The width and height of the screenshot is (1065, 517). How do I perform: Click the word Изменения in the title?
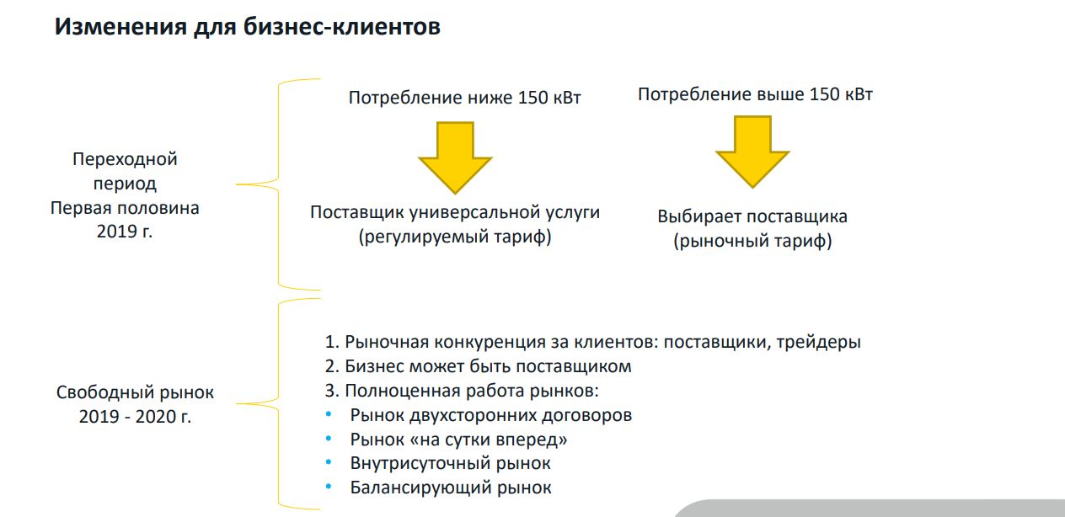tap(120, 26)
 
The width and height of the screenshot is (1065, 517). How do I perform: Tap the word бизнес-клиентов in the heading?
tap(342, 26)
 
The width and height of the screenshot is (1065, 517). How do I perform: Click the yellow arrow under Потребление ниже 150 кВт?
tap(455, 157)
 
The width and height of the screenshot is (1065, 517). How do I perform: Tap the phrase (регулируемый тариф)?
tap(455, 237)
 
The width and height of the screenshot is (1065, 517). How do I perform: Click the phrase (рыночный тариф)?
tap(752, 241)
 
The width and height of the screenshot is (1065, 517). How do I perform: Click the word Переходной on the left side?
tap(125, 159)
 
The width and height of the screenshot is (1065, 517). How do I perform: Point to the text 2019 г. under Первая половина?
tap(125, 232)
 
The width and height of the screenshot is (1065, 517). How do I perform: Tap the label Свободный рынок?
tap(135, 392)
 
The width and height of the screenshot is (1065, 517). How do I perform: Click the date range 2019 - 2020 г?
tap(135, 417)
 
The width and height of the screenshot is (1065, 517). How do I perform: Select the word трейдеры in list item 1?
tap(819, 342)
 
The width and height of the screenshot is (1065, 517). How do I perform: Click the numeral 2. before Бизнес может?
tap(332, 366)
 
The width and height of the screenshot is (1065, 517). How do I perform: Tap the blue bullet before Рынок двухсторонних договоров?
tap(329, 414)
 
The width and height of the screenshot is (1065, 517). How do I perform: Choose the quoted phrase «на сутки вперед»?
tap(489, 440)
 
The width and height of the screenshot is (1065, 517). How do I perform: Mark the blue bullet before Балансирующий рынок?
tap(329, 487)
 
